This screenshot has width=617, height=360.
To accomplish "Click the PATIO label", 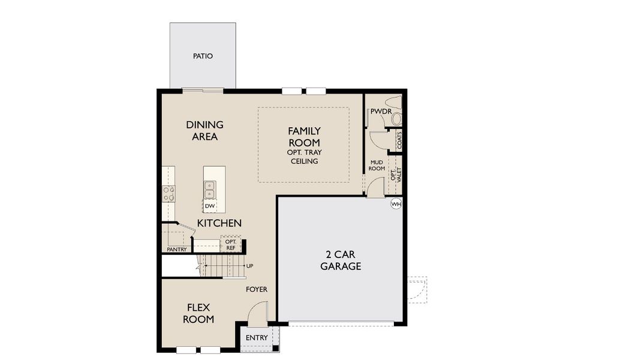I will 203,56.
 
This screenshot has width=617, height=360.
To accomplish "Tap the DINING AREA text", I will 204,131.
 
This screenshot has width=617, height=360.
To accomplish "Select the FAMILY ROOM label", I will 304,137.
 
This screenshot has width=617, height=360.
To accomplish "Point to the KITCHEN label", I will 219,223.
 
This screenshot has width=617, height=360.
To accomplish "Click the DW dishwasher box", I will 210,206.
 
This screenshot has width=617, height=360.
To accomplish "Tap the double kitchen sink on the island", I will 209,190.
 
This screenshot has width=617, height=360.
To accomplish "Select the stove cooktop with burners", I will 168,193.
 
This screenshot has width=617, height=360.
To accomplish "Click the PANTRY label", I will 176,249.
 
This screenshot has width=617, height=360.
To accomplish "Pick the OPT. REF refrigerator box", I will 231,245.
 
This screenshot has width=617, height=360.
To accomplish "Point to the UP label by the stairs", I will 249,266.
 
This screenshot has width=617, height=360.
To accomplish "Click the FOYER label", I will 257,289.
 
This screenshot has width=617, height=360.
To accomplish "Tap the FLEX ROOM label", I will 198,314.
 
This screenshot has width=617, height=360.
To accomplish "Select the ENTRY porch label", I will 257,338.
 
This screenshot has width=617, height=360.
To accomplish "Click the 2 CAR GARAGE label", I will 341,260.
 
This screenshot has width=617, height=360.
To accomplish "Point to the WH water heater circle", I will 395,204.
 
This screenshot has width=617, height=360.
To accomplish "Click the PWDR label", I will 380,112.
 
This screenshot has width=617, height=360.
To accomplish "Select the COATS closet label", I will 399,141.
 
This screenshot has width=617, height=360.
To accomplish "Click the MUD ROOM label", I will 377,165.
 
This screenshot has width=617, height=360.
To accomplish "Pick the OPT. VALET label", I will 395,174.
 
